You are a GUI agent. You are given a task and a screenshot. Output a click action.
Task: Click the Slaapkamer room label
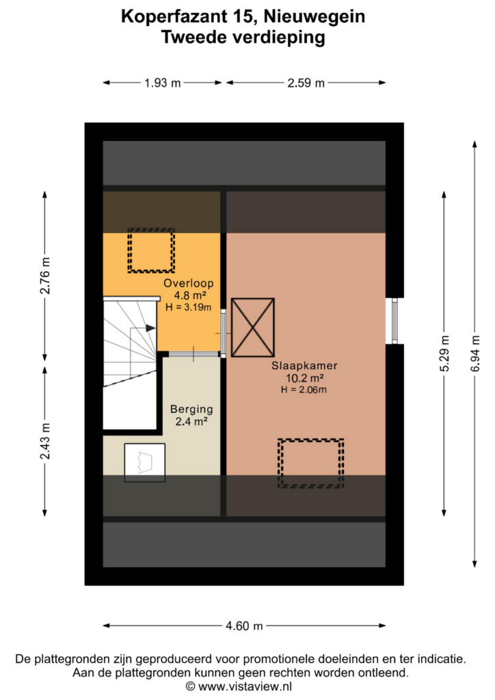coord(304,366)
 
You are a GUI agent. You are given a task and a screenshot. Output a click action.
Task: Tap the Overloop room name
coord(188,283)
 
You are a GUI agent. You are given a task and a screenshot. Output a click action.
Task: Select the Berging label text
coord(191,409)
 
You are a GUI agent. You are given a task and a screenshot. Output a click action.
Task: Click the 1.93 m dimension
coord(163,83)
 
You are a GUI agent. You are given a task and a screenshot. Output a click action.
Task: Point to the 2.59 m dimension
coord(306,83)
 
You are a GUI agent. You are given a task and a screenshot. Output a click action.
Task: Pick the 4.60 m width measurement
coord(244,626)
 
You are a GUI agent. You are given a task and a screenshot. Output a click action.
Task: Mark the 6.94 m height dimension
coord(475,353)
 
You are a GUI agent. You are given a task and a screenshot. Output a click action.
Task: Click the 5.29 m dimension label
coord(444,353)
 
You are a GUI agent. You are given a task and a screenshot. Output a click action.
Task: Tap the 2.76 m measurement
coord(45,276)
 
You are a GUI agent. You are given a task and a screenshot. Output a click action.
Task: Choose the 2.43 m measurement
coord(45,441)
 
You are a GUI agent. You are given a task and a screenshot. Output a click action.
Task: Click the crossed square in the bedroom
coord(253,327)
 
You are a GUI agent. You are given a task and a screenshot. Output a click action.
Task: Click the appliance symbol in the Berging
coord(145,463)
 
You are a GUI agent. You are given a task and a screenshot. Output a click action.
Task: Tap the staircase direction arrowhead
coord(151,328)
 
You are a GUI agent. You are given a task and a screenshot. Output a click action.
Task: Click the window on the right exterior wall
coord(394,321)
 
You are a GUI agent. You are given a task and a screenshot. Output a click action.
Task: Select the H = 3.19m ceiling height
coord(188,307)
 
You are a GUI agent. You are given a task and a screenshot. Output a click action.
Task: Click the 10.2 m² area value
coord(304,378)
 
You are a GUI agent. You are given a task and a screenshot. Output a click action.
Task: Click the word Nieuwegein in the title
coord(315,16)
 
